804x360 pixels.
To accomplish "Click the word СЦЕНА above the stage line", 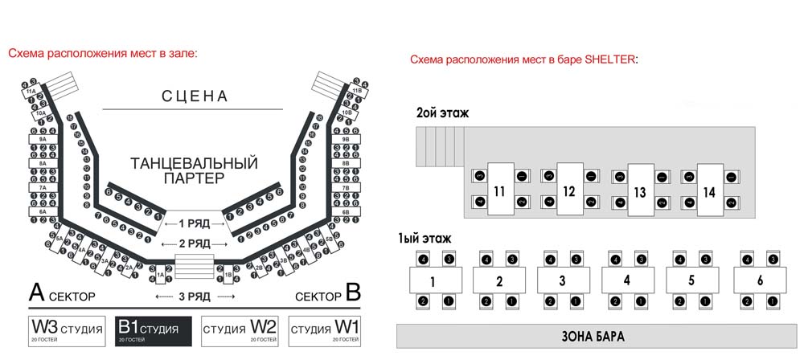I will tap(195, 96).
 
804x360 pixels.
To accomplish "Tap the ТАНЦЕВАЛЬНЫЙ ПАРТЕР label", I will tap(194, 170).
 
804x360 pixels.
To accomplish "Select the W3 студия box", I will tap(68, 330).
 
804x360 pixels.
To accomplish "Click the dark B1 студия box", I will tap(152, 330).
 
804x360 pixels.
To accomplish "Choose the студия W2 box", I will tap(239, 330).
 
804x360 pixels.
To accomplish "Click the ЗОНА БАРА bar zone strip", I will tap(597, 336).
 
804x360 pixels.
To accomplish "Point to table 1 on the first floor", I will tap(433, 281).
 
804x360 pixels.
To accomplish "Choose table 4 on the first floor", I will tap(627, 281).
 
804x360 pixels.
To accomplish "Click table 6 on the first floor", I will tap(760, 281).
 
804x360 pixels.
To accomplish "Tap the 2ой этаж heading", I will tap(442, 113).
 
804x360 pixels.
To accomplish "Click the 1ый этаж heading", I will tap(425, 238).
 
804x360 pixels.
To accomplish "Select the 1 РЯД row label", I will tap(193, 223).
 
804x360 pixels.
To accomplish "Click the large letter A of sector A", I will tap(36, 292).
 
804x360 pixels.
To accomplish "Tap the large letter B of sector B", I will tap(351, 292).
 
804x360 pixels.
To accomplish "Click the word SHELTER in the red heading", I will tap(608, 59).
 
